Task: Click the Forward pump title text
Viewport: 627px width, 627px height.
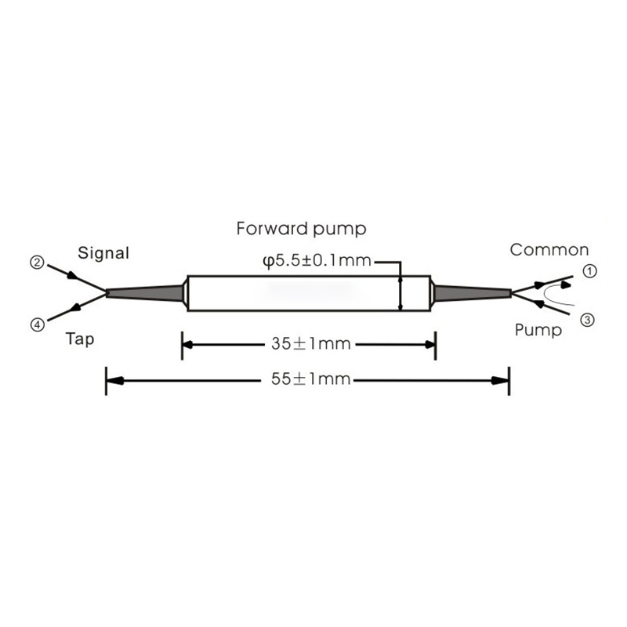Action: [x=302, y=229]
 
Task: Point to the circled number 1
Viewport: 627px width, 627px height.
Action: [x=590, y=270]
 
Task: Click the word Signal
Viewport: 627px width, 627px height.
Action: [x=103, y=253]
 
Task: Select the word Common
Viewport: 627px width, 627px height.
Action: [x=549, y=250]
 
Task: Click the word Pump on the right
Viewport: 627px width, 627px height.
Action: [x=538, y=330]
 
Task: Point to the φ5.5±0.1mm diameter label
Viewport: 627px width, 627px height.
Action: [x=316, y=260]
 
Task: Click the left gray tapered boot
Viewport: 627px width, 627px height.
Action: [x=145, y=292]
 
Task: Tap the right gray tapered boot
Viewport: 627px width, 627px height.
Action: [x=473, y=293]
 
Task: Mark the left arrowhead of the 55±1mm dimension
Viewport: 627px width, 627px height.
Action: [x=114, y=380]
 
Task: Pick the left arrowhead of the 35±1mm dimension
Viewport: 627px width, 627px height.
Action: [x=190, y=343]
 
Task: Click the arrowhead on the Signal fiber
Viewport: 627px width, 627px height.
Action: [x=71, y=276]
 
